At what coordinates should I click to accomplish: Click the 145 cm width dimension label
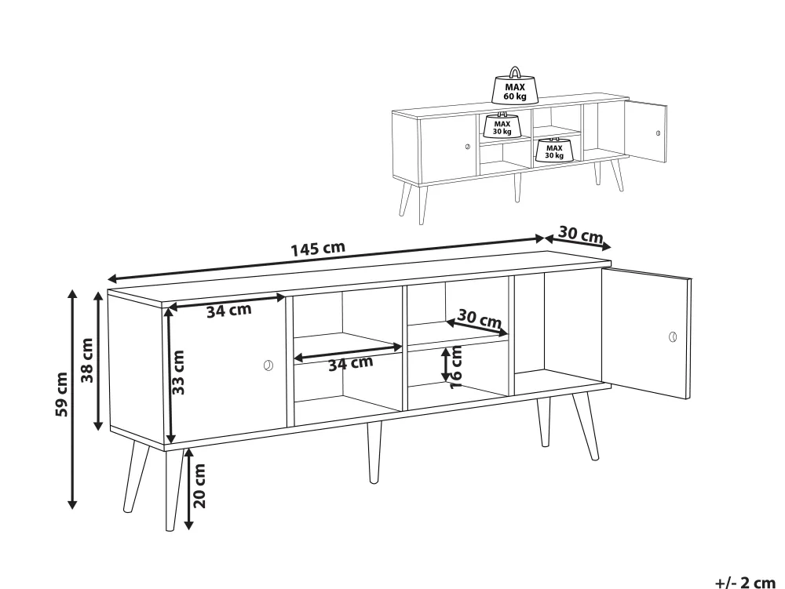318,249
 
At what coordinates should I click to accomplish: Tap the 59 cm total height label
61,394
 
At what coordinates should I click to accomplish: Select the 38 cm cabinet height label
87,360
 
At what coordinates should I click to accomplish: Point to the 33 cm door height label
178,372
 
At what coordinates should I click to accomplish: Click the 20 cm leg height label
199,485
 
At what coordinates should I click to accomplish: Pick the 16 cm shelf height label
456,367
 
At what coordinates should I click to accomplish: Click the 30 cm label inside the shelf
480,318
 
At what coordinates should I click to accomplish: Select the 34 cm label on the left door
228,311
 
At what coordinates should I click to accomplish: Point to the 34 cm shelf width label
350,363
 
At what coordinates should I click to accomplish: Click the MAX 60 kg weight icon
515,86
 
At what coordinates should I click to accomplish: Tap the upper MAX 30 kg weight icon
502,125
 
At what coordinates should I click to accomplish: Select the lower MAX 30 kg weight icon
553,150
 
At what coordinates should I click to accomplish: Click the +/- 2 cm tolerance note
744,583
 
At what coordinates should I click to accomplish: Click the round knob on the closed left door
268,365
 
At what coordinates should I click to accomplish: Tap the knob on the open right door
673,336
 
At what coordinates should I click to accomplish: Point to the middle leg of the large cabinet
374,453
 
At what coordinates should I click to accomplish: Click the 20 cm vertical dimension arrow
188,489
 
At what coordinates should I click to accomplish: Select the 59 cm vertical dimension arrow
72,399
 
